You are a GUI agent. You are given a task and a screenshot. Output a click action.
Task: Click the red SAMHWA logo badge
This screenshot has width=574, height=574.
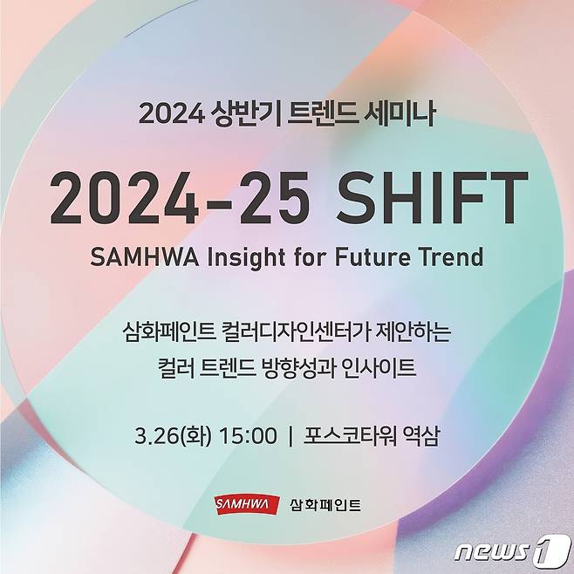coord(247,504)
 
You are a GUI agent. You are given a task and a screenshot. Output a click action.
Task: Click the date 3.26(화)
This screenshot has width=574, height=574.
coord(174,434)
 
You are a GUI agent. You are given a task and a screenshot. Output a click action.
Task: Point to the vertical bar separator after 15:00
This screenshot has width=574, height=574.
coord(290,434)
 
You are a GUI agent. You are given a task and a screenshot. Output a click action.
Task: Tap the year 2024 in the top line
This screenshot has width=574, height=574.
coord(170,113)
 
